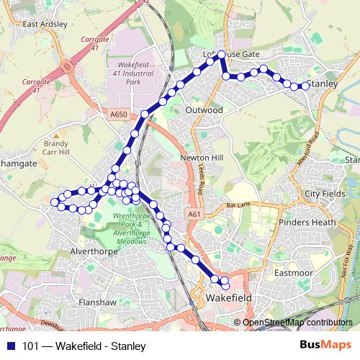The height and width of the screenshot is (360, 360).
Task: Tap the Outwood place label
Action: [x=204, y=110]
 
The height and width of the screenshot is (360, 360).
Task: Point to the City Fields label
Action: [x=325, y=194]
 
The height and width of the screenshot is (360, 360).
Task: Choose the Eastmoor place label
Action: [x=292, y=273]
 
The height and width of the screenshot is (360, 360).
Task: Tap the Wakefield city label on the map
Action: [x=228, y=297]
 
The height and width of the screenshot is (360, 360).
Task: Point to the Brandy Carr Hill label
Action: [x=55, y=148]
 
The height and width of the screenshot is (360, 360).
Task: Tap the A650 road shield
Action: [x=119, y=114]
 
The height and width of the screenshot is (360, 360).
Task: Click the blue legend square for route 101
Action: [x=11, y=346]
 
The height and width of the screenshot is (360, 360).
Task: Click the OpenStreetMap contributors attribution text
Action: [x=297, y=323]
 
